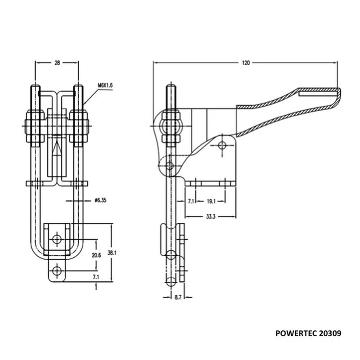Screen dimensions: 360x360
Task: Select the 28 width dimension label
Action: (x=57, y=63)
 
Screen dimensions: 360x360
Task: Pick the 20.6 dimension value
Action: (x=96, y=255)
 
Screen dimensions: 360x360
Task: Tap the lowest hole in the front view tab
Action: (x=56, y=271)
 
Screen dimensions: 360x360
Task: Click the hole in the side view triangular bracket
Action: (x=221, y=145)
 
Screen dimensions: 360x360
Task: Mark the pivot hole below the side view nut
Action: (x=170, y=166)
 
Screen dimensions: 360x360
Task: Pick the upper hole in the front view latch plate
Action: (x=56, y=238)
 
